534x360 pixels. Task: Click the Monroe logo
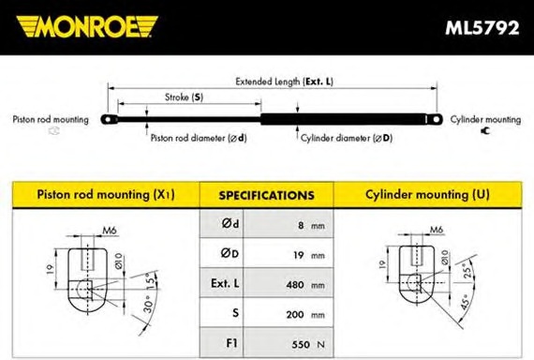(87, 26)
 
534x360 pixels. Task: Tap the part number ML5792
(482, 27)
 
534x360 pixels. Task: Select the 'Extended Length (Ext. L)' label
(284, 82)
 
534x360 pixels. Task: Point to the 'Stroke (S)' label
(184, 97)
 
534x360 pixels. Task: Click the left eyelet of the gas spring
(109, 120)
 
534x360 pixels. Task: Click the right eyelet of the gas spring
(436, 119)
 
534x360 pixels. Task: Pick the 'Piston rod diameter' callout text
(199, 138)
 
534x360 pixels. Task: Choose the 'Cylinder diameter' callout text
(347, 138)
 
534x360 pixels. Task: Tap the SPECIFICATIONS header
(266, 195)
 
